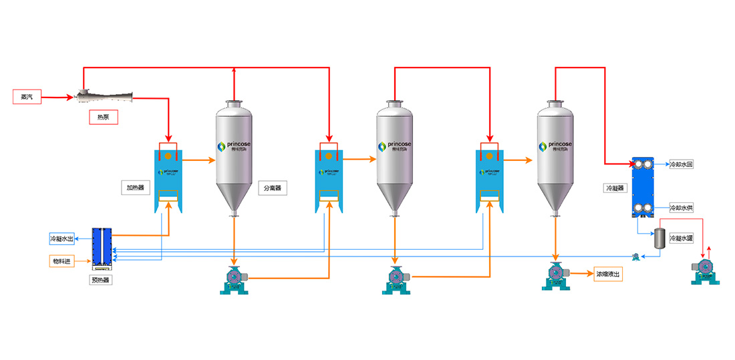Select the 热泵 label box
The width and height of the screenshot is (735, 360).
[104, 118]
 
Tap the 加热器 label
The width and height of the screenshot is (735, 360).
[134, 188]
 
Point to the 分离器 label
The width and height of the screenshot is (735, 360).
[271, 188]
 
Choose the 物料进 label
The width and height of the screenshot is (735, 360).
[61, 260]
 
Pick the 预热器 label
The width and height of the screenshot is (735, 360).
[100, 280]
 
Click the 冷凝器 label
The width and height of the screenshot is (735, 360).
[614, 188]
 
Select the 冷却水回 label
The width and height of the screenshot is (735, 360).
[681, 164]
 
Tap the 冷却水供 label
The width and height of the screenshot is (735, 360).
[681, 208]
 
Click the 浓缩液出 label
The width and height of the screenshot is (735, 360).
[608, 274]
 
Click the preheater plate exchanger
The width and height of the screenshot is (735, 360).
[102, 248]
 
